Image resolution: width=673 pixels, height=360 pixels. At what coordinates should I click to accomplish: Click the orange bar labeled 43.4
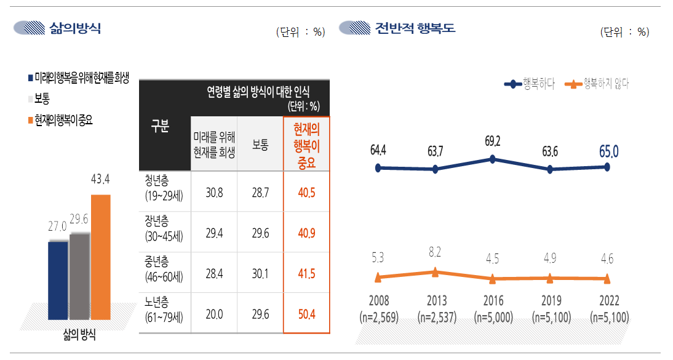[100, 257]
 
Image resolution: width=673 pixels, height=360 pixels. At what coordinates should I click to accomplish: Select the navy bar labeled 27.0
[58, 280]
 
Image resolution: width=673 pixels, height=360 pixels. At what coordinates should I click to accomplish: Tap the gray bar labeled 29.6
[79, 276]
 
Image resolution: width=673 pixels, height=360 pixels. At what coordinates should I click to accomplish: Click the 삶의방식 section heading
[75, 28]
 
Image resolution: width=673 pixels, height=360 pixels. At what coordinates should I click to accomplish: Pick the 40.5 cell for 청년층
[306, 192]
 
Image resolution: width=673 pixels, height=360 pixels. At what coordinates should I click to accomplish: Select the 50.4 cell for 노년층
[306, 314]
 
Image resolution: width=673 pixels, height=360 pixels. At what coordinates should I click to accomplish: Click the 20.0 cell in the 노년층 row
[213, 314]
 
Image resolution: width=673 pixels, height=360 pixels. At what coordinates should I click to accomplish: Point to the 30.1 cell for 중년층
[260, 273]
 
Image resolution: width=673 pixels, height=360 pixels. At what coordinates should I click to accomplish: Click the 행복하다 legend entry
[529, 84]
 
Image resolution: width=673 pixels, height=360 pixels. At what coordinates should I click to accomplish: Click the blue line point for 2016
[493, 159]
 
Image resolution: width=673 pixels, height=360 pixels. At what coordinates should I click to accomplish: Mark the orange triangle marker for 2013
[435, 272]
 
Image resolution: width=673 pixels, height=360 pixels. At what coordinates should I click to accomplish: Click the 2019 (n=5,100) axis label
[550, 310]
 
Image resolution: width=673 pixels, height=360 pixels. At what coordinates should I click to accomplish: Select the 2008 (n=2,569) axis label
[378, 310]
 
